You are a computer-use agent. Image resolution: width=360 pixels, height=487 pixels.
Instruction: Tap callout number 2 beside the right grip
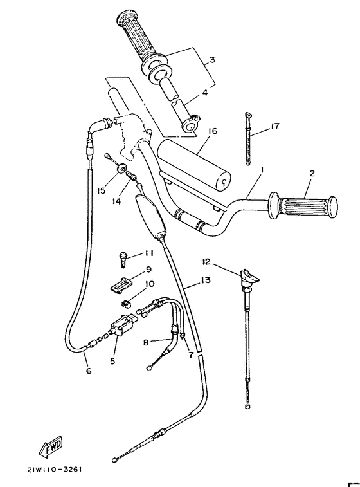(311, 173)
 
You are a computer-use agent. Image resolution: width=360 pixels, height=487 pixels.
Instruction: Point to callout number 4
(204, 93)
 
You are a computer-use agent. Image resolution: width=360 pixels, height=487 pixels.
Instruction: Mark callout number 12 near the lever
(205, 262)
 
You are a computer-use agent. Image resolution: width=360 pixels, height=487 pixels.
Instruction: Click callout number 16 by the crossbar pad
(213, 131)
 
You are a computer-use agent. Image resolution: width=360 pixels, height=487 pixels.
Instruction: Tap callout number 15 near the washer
(101, 191)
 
